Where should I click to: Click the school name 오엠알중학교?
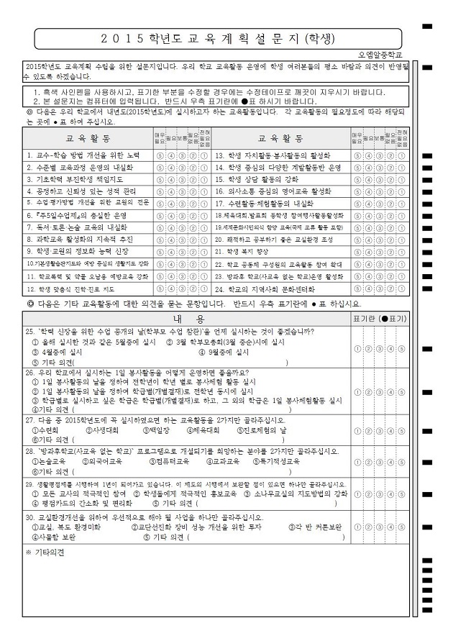point(380,54)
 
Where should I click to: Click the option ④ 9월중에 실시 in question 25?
point(224,353)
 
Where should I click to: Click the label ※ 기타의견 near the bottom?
point(45,553)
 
